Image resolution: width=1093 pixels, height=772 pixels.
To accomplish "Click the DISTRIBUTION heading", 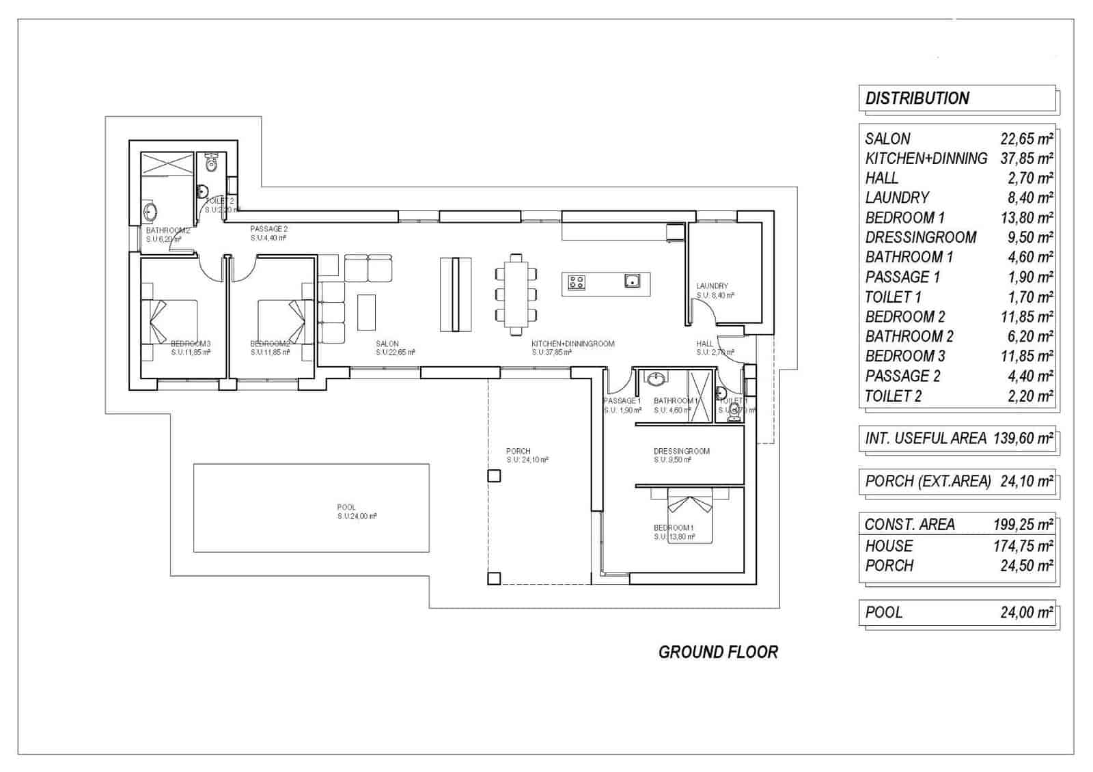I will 917,98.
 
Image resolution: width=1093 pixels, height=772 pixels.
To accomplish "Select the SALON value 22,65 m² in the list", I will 1026,139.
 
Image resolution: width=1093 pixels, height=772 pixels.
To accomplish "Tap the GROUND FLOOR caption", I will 718,652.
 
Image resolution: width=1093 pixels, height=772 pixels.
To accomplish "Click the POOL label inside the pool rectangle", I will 346,508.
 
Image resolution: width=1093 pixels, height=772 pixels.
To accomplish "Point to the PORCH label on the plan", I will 518,451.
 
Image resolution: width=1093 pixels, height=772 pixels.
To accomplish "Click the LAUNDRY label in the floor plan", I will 712,286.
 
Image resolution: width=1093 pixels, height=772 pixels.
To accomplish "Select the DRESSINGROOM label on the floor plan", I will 681,451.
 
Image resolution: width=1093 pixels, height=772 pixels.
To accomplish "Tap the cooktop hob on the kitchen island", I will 577,281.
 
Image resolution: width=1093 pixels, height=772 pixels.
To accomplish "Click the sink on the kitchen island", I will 632,280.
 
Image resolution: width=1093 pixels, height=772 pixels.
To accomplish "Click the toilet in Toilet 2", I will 211,163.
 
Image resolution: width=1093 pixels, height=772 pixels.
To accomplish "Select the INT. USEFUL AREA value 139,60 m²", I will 1023,439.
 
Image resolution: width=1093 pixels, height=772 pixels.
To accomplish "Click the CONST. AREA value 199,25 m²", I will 1022,525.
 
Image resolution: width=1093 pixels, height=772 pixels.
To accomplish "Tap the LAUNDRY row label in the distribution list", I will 896,198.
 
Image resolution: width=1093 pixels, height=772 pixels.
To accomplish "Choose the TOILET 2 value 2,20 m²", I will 1029,396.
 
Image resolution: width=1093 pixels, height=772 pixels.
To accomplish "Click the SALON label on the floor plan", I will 387,344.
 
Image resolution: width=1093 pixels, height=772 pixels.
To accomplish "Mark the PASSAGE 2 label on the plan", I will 268,229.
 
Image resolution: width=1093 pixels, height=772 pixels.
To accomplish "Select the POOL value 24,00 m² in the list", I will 1026,612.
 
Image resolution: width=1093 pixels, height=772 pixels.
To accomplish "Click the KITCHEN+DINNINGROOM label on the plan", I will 572,344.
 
